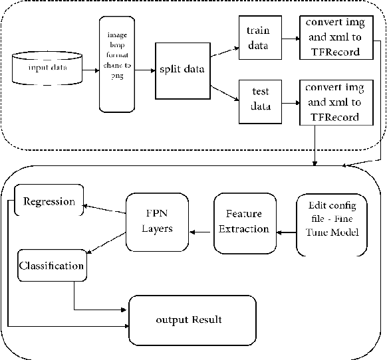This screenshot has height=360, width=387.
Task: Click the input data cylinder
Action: pos(47,68)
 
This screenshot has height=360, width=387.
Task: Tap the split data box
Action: pos(179,70)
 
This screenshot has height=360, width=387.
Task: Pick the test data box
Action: pos(257,101)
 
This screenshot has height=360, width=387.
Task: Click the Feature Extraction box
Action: pos(243,221)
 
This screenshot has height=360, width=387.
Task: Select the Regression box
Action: pos(49,201)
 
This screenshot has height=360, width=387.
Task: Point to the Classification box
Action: pos(52,266)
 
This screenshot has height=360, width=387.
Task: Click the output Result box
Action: pos(192,319)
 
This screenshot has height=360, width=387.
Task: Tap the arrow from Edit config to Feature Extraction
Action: pos(286,232)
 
